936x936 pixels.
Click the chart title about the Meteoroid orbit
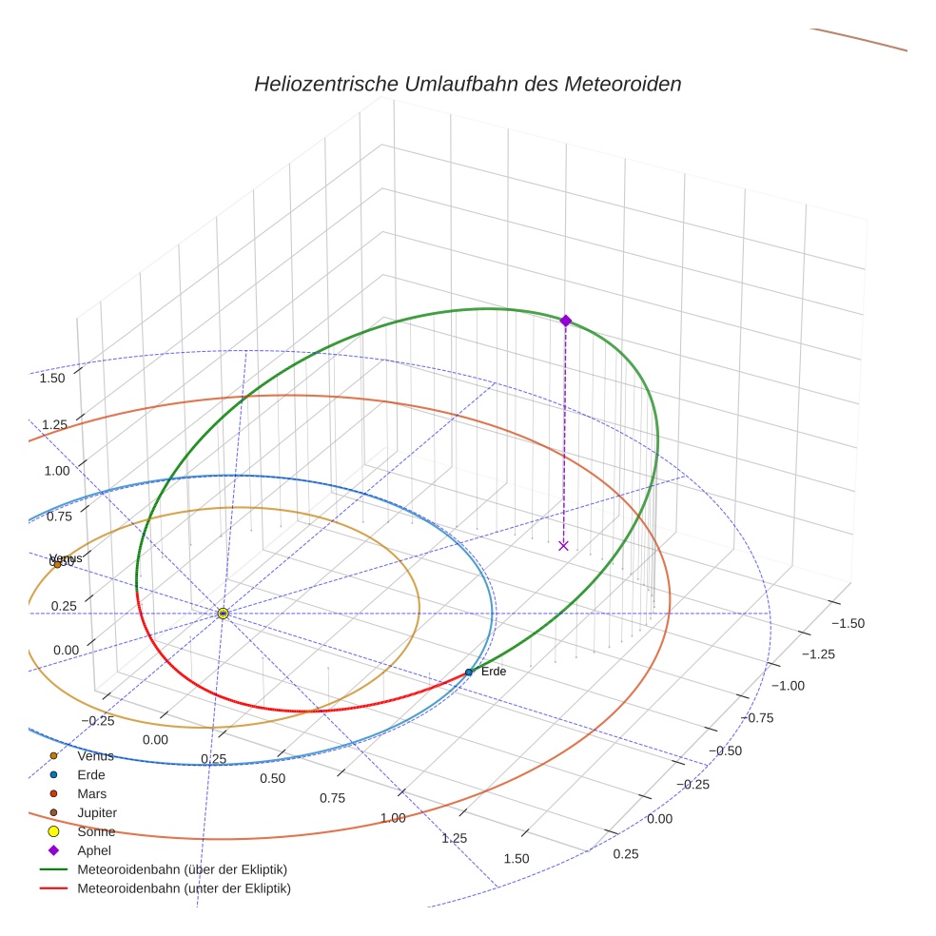467,84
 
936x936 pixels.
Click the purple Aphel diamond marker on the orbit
565,321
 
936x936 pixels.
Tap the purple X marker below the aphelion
563,545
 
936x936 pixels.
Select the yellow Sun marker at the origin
223,614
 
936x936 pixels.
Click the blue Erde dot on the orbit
468,672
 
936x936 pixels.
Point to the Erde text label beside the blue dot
494,672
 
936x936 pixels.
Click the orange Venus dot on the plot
57,564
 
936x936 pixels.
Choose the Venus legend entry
95,756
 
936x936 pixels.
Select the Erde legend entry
91,774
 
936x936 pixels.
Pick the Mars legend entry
91,793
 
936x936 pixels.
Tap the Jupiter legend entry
97,812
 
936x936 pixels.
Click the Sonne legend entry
96,831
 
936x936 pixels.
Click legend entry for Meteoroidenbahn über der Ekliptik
182,869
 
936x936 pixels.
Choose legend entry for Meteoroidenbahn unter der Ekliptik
184,888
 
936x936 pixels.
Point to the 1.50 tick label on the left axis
52,378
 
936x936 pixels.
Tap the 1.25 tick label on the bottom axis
455,838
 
